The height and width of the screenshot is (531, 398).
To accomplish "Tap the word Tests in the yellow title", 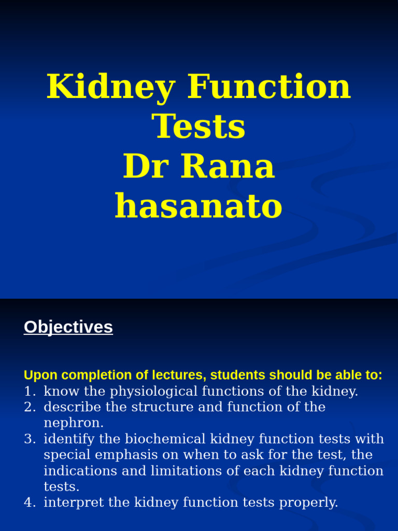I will (198, 127).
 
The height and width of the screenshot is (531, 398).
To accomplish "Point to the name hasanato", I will (198, 206).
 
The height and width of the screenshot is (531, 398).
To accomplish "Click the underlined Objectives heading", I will (68, 327).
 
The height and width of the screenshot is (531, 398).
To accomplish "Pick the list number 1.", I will (29, 392).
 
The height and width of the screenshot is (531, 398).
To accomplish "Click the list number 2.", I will (29, 407).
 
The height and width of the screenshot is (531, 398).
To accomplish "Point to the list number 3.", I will (29, 439).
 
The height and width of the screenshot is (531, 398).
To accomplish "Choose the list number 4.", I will (29, 502).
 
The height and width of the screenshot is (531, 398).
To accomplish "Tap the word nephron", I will (73, 423).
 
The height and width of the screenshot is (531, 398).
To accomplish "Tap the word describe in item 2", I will (72, 407).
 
